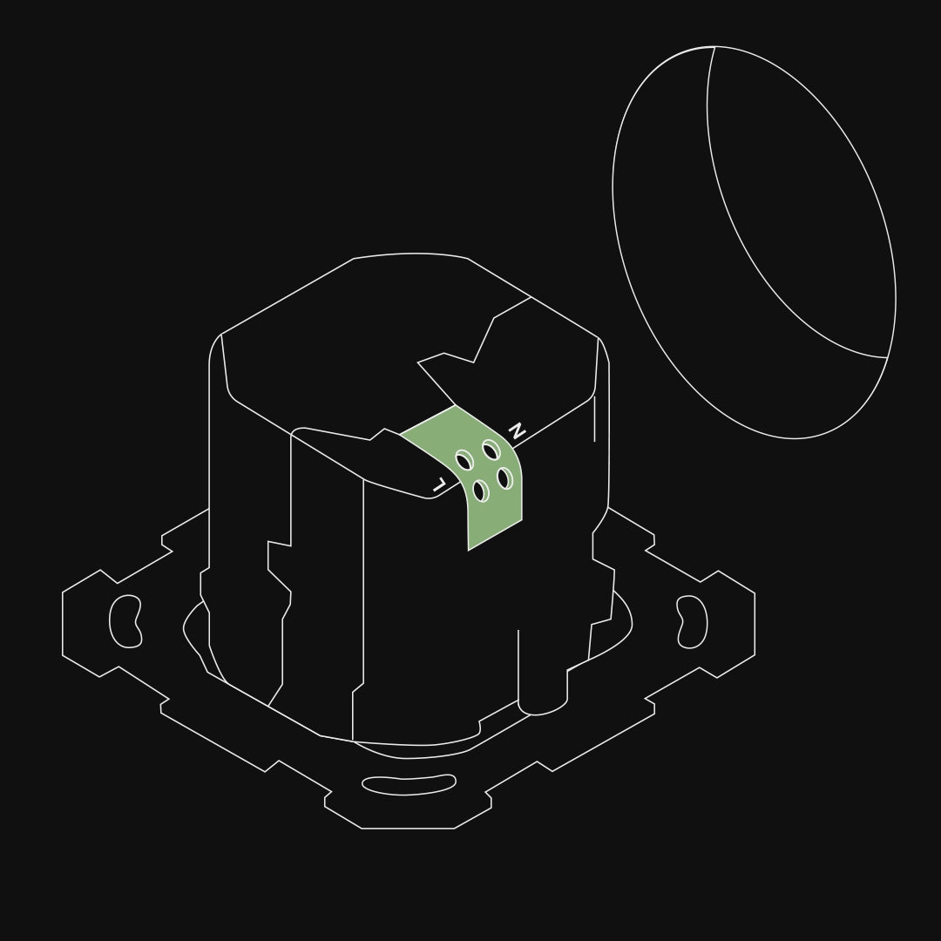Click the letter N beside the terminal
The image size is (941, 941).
[x=517, y=430]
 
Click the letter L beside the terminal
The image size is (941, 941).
[x=439, y=484]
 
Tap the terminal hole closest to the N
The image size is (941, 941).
[x=491, y=450]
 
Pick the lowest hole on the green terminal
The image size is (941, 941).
[x=481, y=491]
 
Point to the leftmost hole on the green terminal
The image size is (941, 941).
[x=464, y=461]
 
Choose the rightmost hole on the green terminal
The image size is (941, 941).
[x=504, y=478]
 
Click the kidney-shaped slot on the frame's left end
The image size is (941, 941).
[x=125, y=621]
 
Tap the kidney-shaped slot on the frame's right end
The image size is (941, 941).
[x=692, y=622]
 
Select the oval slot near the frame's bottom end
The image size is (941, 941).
[x=409, y=785]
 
